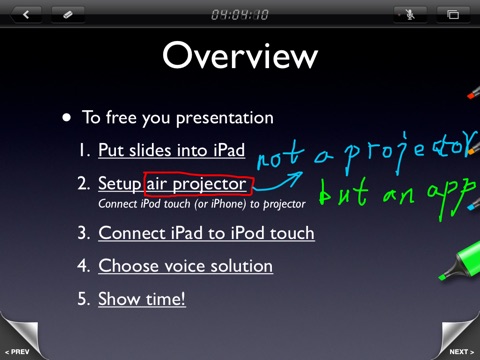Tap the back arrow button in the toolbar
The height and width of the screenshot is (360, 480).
[x=26, y=15]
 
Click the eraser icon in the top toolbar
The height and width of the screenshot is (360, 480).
[x=68, y=15]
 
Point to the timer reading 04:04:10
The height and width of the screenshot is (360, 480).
[x=240, y=15]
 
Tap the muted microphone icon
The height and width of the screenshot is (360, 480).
[x=410, y=15]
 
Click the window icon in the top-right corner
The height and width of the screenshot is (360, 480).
[x=453, y=15]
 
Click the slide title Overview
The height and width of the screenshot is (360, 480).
[x=240, y=55]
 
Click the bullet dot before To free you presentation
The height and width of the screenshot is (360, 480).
[x=67, y=117]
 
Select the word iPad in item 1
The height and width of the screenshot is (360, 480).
[x=229, y=150]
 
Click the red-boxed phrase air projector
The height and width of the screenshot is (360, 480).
[x=196, y=184]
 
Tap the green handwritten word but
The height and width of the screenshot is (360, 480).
[x=343, y=192]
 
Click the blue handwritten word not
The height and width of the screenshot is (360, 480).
[x=280, y=156]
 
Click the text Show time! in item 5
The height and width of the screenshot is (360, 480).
[x=142, y=299]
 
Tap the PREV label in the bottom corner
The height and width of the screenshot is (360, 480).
[x=17, y=352]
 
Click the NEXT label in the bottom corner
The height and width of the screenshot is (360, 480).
[x=462, y=352]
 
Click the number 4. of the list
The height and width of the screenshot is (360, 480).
[x=84, y=266]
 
